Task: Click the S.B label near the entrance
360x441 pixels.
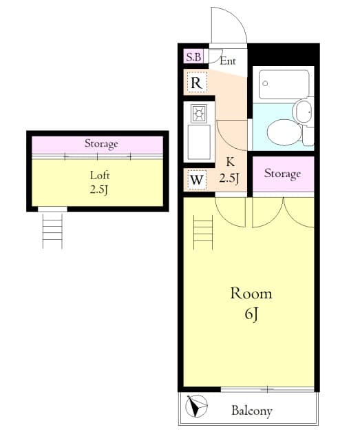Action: (x=193, y=57)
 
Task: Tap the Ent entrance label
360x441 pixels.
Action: (x=228, y=61)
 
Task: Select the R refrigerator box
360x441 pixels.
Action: (x=196, y=83)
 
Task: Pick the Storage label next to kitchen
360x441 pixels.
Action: (x=282, y=174)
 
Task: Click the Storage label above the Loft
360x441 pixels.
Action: (x=101, y=144)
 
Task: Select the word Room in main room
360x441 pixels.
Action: (x=251, y=294)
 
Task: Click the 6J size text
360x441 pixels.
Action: (x=250, y=316)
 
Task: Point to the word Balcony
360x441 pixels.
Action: (x=251, y=411)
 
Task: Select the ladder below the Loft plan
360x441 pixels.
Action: (x=52, y=230)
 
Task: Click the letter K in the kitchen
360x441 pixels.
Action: (x=229, y=164)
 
